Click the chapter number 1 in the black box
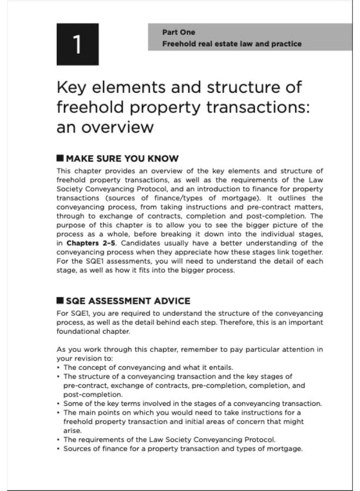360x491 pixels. point(77,45)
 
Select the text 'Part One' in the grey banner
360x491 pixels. point(178,32)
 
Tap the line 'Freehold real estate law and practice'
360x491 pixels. point(231,44)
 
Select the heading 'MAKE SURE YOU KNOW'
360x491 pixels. point(122,159)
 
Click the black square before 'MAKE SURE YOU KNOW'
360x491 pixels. point(60,159)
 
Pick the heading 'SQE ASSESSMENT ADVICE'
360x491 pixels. point(128,301)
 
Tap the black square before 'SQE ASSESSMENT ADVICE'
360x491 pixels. point(60,301)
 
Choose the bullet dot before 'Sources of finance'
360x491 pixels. point(58,448)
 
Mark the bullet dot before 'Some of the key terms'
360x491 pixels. point(58,403)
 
